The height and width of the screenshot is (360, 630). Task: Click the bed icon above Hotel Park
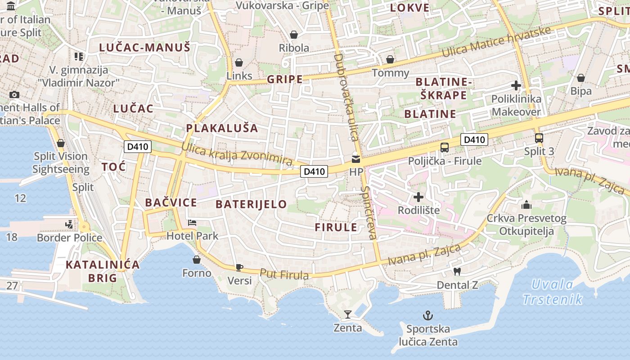click(192, 223)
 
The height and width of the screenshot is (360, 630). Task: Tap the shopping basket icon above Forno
click(197, 260)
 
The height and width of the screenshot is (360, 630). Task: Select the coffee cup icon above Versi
click(239, 267)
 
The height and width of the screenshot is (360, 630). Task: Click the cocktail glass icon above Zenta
click(347, 314)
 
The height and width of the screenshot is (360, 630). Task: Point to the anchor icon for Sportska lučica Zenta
click(427, 315)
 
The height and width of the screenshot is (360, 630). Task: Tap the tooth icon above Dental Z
click(457, 271)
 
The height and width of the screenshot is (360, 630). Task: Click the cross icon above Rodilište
click(418, 197)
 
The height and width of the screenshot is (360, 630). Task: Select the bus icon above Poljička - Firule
click(445, 147)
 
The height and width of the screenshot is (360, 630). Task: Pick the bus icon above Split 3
click(539, 138)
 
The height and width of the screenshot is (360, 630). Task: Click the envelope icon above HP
click(356, 159)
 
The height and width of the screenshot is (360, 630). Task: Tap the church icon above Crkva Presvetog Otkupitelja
click(526, 205)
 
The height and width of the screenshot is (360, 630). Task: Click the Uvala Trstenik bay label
click(553, 292)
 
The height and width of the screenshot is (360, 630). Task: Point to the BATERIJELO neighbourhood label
click(251, 204)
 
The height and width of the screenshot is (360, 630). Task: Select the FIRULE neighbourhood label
click(336, 227)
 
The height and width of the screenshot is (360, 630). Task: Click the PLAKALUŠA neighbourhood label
click(222, 128)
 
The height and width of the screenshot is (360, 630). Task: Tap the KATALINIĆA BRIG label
click(103, 271)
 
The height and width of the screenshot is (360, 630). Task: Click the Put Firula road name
click(284, 274)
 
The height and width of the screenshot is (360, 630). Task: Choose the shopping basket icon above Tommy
click(390, 59)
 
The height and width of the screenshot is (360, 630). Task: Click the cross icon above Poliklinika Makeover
click(516, 85)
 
